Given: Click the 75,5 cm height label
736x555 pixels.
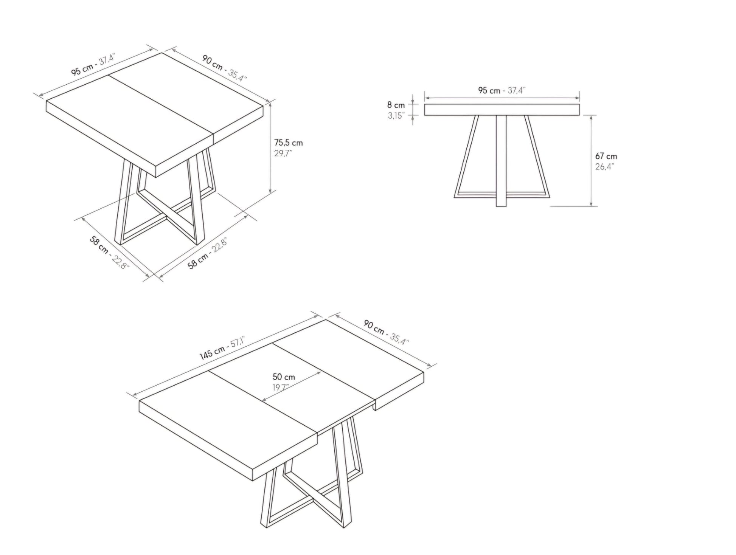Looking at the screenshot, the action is point(288,143).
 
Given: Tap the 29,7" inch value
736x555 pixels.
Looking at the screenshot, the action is point(283,153).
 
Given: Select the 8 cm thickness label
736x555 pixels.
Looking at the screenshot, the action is point(396,105).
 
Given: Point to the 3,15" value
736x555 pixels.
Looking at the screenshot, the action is point(396,116).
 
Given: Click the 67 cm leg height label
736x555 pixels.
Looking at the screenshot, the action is point(606,156).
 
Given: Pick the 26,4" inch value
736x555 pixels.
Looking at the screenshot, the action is point(604,167).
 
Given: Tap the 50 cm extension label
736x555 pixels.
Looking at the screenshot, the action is point(284,377).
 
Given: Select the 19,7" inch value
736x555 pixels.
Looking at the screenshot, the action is point(281,388).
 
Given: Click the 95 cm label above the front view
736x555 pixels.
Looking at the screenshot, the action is point(489,90).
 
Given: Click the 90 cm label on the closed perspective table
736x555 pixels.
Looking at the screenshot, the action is point(213,62).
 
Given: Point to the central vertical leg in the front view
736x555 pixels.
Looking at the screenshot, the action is point(501,161).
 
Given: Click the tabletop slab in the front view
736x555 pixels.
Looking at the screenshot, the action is point(502,110).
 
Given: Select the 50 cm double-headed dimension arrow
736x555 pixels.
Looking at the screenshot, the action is point(292,386).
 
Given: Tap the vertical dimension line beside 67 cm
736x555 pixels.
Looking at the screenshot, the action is point(591,161).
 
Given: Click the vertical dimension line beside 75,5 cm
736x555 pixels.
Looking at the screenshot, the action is point(270,147).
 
